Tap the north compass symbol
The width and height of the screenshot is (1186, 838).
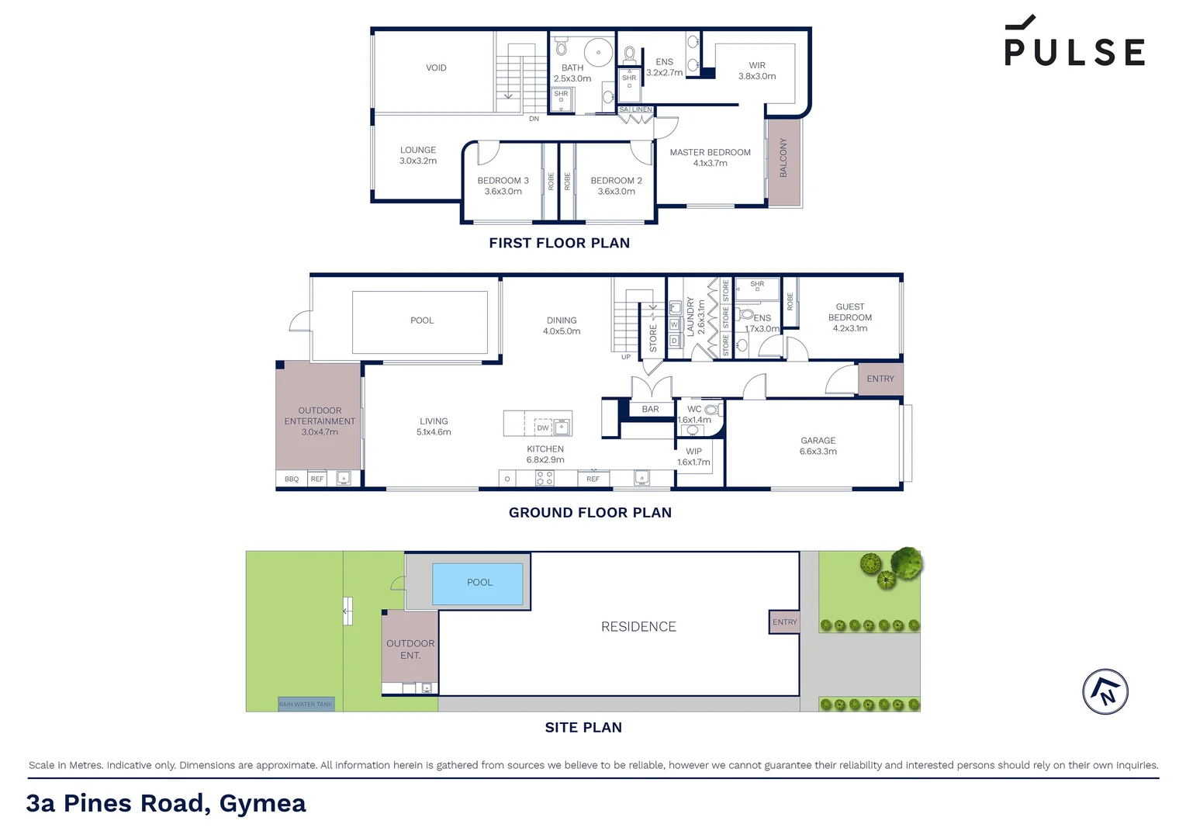coord(1105,691)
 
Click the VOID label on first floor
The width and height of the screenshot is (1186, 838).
coord(436,68)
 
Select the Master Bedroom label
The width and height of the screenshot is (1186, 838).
coord(710,158)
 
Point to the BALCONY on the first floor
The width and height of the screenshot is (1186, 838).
coord(783,159)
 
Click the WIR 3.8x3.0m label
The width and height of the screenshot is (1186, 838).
coord(757,71)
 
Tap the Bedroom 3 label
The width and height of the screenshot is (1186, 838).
coord(503,185)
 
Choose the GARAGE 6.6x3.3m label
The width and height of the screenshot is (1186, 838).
coord(818,445)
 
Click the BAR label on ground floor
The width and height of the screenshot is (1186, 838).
coord(650,409)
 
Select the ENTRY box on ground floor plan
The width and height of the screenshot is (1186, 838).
coord(880,379)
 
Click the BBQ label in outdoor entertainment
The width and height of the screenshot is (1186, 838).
coord(292,479)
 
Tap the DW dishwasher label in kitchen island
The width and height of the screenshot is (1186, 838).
coord(543,428)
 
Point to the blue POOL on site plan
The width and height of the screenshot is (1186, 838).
coord(478,583)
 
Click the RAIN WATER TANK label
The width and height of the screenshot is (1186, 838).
coord(306,704)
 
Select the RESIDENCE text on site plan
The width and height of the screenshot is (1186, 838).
coord(638,626)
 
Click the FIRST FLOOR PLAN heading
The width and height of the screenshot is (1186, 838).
coord(559,243)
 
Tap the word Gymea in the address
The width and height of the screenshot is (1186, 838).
coord(262,803)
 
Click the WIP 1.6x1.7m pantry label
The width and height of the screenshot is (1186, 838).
coord(693,456)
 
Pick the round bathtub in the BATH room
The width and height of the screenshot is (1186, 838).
coord(599,53)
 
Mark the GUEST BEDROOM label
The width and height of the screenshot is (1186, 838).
coord(850,317)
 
